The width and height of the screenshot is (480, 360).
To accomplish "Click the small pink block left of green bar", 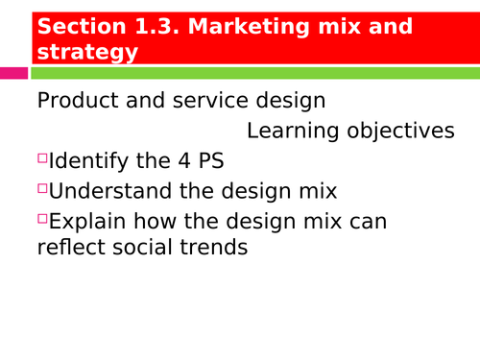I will [13, 73].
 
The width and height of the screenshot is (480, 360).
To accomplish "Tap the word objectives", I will [404, 132].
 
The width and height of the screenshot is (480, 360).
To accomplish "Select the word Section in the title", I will [78, 27].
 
